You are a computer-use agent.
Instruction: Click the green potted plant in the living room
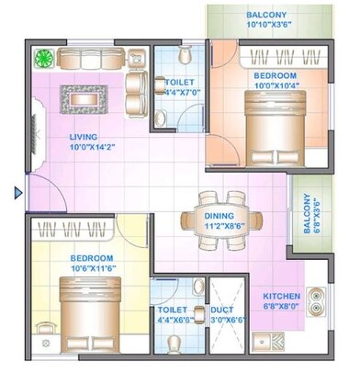[43, 58]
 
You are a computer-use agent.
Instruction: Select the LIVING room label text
[84, 139]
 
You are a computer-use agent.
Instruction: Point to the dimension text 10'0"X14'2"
[89, 150]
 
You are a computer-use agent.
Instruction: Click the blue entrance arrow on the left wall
[17, 193]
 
